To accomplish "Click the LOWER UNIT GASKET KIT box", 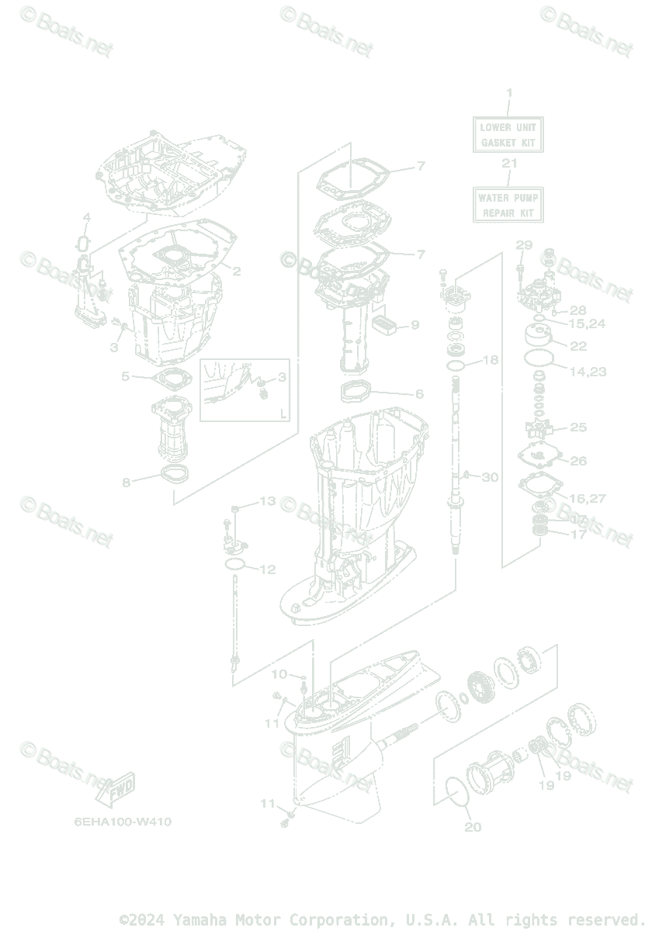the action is (508, 133).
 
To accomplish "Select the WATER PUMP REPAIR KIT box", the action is (508, 205).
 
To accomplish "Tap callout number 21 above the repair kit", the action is (508, 164).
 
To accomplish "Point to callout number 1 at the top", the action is (509, 93).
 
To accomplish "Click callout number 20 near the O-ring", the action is (473, 827).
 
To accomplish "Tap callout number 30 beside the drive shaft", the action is (490, 477).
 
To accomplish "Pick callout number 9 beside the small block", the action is (414, 324).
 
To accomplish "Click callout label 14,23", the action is (588, 372).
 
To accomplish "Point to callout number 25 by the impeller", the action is (578, 427).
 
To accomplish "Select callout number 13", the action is (266, 501).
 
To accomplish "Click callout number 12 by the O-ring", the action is (266, 569).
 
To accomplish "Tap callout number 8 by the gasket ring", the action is (126, 483).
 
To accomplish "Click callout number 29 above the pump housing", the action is (524, 246).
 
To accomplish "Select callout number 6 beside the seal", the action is (419, 394).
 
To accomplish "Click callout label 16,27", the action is (588, 498).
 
